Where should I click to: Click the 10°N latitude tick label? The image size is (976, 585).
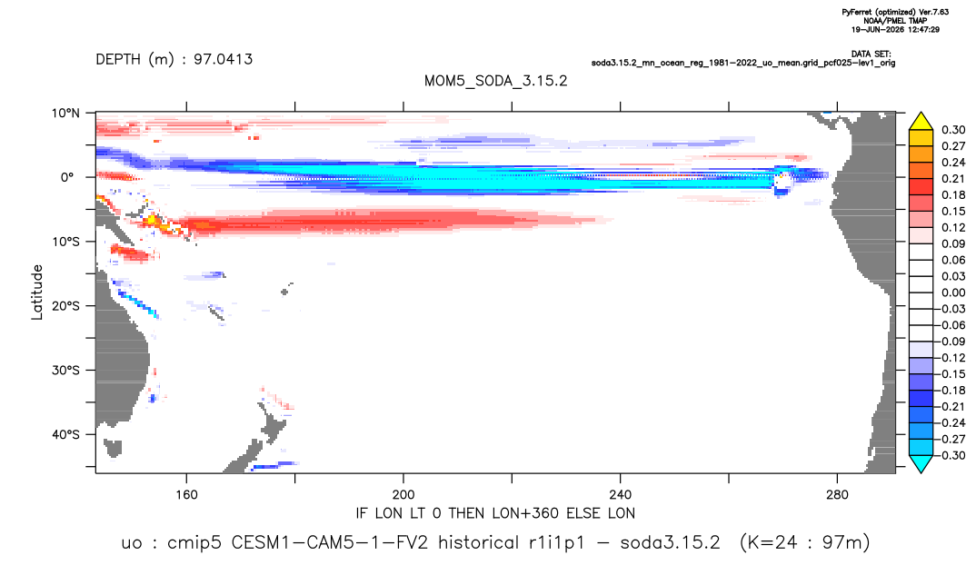[66, 114]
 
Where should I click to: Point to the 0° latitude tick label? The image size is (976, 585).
[67, 177]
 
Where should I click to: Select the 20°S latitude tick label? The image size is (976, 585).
[65, 306]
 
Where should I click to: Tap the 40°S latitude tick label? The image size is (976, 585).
[65, 434]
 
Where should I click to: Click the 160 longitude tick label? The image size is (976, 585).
[186, 495]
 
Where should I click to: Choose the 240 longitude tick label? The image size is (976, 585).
[621, 495]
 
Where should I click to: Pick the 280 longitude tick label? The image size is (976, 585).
[837, 495]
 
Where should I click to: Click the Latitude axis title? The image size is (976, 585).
[37, 292]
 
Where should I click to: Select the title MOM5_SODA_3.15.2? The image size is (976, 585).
[496, 82]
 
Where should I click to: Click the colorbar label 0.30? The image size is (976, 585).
[953, 130]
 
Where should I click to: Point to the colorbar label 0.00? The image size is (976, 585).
[953, 293]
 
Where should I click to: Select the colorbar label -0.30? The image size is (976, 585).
[951, 455]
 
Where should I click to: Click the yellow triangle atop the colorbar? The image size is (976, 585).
[921, 122]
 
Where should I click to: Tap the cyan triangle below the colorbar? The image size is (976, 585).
[921, 463]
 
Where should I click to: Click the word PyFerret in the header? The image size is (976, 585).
[856, 12]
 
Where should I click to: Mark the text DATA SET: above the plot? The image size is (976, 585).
[871, 55]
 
